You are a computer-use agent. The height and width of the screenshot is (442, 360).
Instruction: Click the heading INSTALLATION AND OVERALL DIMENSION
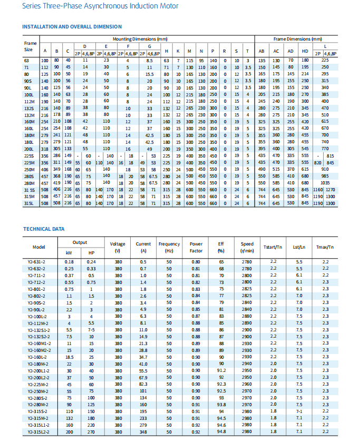[72, 26]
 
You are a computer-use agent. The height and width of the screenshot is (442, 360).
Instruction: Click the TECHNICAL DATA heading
[44, 229]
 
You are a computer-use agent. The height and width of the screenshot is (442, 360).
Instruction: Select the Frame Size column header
[28, 46]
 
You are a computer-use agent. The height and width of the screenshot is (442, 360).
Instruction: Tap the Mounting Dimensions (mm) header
[140, 39]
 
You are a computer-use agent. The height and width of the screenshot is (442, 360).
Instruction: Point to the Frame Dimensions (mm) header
[297, 39]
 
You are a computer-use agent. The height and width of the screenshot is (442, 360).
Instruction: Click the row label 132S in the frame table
[29, 108]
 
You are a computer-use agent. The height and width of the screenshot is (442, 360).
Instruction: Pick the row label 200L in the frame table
[29, 149]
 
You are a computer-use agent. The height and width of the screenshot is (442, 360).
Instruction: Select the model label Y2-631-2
[37, 262]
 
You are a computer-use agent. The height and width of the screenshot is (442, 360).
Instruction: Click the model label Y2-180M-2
[37, 364]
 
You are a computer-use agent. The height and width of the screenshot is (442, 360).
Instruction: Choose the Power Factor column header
[196, 247]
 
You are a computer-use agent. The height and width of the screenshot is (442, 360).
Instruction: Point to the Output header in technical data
[80, 242]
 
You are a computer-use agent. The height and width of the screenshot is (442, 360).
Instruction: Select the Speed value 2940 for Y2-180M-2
[247, 364]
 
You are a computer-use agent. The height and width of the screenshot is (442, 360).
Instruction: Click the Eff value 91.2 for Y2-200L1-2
[221, 370]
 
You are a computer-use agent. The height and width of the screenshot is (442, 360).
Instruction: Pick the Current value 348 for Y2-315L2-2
[143, 431]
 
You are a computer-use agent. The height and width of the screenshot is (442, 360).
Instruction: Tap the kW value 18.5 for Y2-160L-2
[70, 357]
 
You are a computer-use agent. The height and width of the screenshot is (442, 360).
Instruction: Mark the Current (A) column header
[143, 247]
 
